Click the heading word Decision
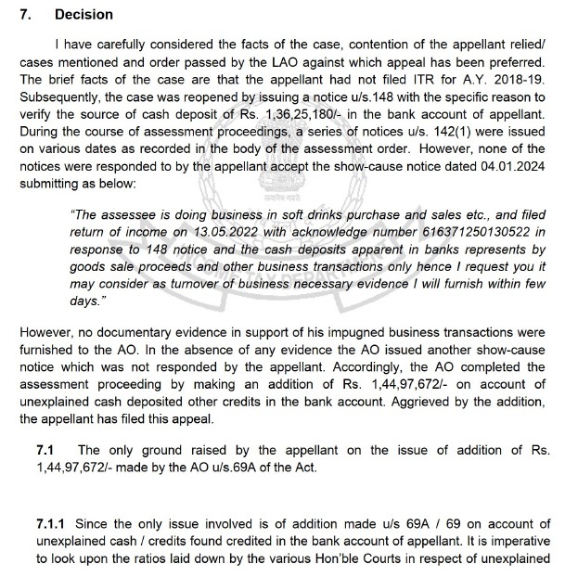point(83,15)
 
